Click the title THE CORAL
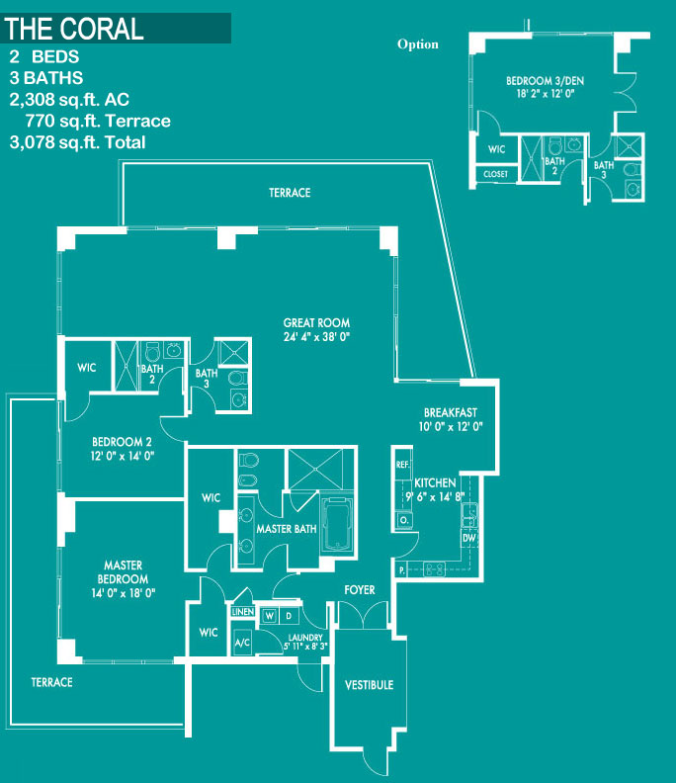(74, 29)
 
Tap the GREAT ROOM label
(316, 323)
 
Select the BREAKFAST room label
(451, 413)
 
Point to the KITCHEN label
(435, 482)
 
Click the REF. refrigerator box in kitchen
(402, 465)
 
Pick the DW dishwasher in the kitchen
(468, 538)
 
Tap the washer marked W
(270, 616)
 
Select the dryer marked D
(289, 616)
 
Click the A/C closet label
(243, 643)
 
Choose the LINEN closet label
(243, 612)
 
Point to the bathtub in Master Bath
(337, 524)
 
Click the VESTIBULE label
(369, 685)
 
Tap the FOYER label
(360, 590)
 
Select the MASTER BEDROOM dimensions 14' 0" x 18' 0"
(124, 593)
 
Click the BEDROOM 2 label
(122, 442)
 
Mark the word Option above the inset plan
(418, 43)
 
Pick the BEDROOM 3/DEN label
(545, 81)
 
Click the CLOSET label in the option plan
(495, 174)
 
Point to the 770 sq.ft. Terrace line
(98, 121)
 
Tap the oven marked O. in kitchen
(404, 520)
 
